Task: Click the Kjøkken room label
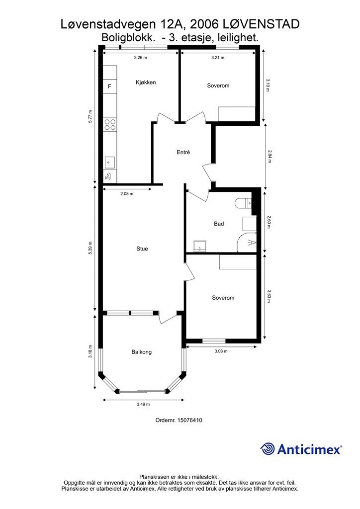(146, 83)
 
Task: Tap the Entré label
(183, 152)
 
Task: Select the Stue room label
(142, 249)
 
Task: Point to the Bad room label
(219, 224)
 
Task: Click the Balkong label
(142, 352)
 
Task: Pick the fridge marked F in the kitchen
(110, 86)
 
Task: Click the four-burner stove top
(110, 125)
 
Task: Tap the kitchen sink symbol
(110, 163)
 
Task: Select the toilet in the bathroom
(243, 203)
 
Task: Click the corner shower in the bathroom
(247, 242)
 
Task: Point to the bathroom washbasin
(199, 246)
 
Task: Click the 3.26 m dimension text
(141, 58)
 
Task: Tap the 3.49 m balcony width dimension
(143, 405)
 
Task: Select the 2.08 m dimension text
(127, 194)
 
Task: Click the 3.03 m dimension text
(221, 351)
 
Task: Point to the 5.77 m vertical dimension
(90, 116)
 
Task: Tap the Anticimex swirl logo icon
(267, 449)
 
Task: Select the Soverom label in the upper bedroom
(218, 85)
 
